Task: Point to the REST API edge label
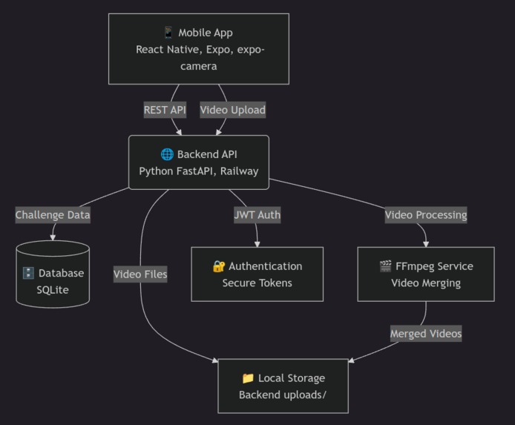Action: (165, 110)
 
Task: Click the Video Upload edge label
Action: (232, 110)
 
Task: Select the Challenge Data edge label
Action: (53, 215)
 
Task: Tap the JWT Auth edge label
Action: (257, 215)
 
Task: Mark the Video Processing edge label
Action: (425, 215)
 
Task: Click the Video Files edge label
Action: (140, 274)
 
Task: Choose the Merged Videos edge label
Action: (426, 334)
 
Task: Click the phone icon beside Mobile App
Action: (168, 33)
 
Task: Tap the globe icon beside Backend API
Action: (167, 154)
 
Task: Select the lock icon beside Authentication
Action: (218, 266)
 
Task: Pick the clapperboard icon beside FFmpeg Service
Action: (385, 266)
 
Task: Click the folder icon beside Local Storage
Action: (247, 378)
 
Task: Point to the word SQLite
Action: (53, 290)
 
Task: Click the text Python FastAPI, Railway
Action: (198, 171)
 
